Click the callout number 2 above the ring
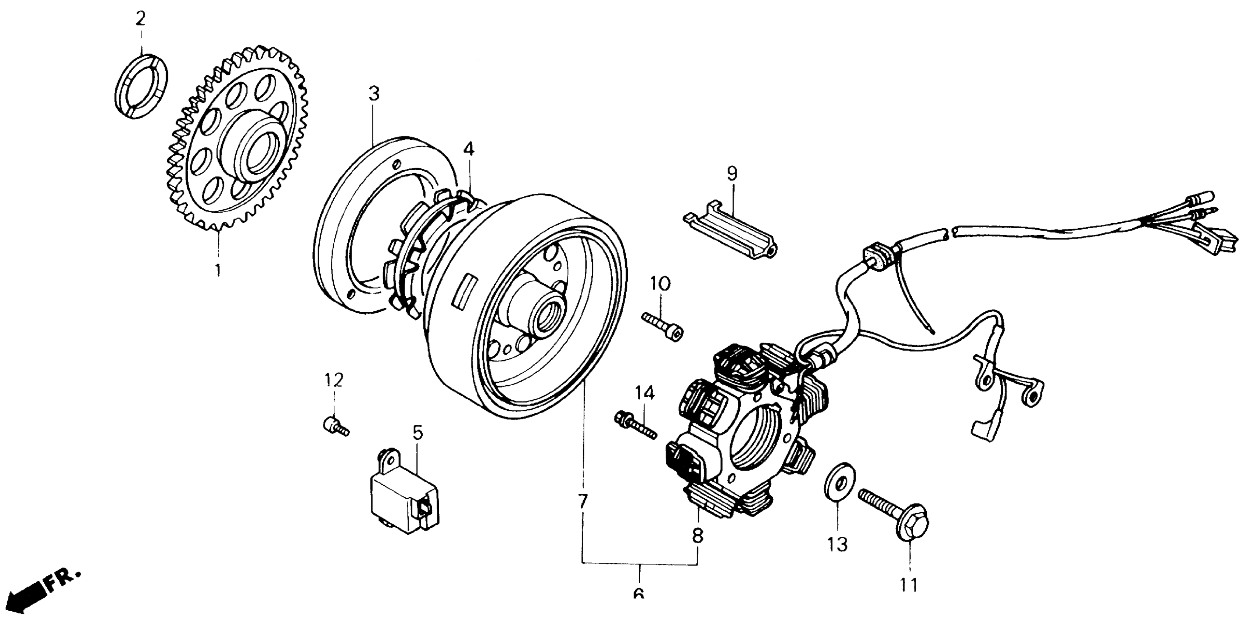point(140,19)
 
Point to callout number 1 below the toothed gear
point(218,269)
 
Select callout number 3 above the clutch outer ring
point(374,94)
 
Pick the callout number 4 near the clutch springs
point(468,149)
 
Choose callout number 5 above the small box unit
point(417,432)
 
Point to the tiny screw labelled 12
point(334,426)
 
